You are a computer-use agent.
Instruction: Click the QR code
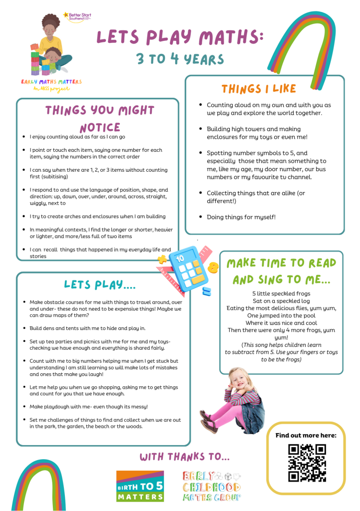pyautogui.click(x=307, y=463)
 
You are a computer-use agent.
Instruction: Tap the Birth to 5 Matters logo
pyautogui.click(x=140, y=486)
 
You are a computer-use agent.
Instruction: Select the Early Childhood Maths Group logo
pyautogui.click(x=211, y=486)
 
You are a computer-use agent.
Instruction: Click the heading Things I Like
pyautogui.click(x=259, y=89)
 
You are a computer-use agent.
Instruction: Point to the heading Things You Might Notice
pyautogui.click(x=100, y=118)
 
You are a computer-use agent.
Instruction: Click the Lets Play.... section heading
pyautogui.click(x=100, y=284)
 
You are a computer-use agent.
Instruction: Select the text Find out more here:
pyautogui.click(x=306, y=435)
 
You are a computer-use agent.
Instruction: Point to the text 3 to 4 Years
pyautogui.click(x=180, y=59)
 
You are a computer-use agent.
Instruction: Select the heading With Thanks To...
pyautogui.click(x=185, y=457)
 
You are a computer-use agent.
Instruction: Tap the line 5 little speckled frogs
pyautogui.click(x=281, y=293)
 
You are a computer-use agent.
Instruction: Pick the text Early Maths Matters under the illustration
pyautogui.click(x=51, y=81)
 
